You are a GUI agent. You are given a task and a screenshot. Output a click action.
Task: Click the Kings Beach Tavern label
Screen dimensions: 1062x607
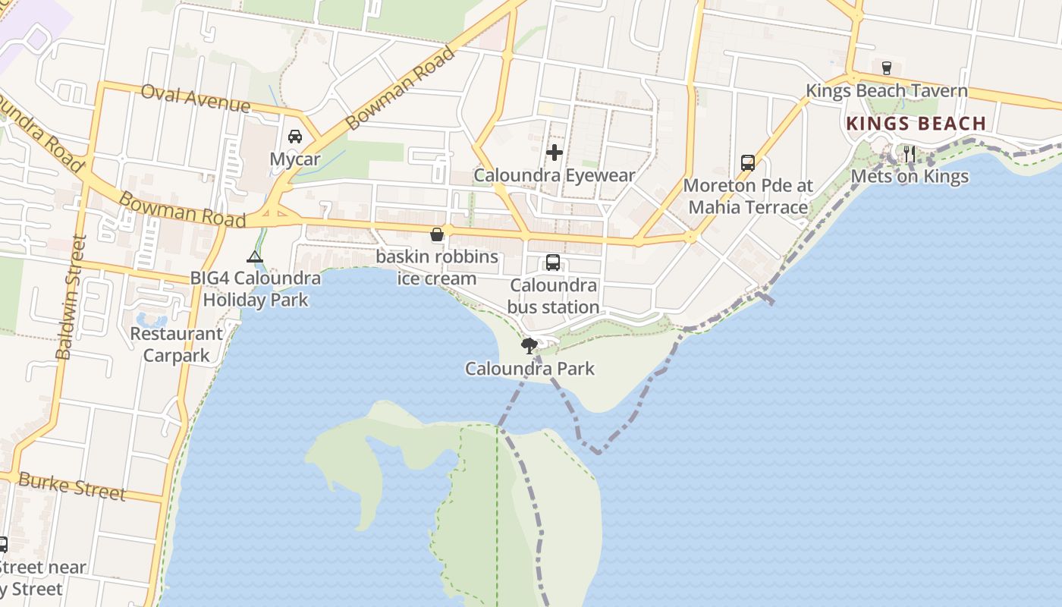[886, 91]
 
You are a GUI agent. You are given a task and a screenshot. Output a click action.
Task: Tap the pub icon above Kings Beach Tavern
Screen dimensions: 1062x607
[886, 68]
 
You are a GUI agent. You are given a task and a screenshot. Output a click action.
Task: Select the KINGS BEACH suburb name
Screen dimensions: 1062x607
[916, 124]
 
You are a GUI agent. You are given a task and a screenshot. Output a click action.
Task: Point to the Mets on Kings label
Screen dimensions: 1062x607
[910, 177]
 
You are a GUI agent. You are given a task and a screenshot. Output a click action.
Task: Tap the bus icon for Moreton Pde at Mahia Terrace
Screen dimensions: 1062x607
[748, 162]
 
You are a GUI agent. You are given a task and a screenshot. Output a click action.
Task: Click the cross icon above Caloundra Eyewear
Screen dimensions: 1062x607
[555, 153]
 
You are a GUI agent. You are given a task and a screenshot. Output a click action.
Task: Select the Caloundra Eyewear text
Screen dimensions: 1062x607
[555, 175]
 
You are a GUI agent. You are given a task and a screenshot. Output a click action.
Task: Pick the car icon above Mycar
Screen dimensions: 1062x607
[295, 137]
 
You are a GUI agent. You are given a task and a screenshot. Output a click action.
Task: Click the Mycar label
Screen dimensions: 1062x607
[295, 159]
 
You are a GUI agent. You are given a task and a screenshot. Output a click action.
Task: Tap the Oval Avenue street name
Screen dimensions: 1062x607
[196, 97]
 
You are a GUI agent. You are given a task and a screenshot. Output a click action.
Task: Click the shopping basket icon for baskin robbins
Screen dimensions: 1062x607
[437, 234]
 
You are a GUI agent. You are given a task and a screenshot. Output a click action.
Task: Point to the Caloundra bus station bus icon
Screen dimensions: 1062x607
[553, 263]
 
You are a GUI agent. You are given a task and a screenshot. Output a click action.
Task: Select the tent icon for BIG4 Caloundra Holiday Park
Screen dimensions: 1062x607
[255, 256]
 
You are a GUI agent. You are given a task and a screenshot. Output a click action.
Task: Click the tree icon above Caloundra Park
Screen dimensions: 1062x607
[529, 347]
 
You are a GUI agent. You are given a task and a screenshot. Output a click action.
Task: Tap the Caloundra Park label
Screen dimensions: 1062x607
[529, 370]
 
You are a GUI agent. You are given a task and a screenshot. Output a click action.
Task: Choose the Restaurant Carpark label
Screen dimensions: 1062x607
[177, 344]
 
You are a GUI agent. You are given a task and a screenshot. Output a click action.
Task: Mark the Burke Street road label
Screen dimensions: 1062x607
[71, 486]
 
